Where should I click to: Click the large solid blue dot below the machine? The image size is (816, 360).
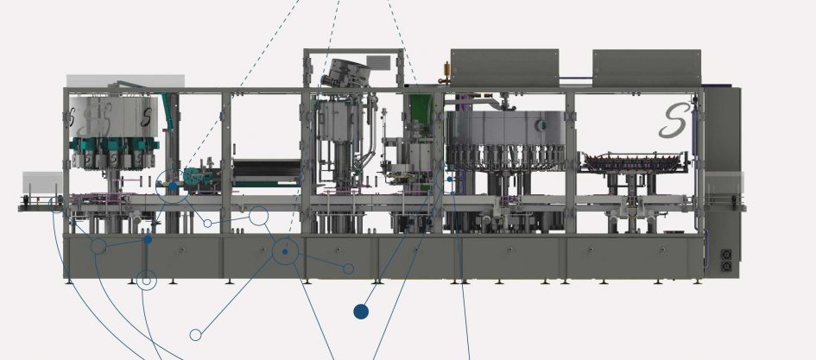coord(361,312)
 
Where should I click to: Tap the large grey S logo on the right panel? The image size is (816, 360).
coord(674,121)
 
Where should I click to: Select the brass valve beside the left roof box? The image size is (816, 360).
coord(445,73)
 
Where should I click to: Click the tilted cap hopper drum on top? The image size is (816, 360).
coord(348,73)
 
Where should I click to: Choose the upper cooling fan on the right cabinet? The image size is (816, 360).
coord(726,255)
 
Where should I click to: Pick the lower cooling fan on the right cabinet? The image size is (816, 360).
coord(726,267)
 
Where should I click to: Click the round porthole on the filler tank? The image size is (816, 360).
coord(541,125)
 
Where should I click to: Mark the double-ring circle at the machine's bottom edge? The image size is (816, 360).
coord(147,281)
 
